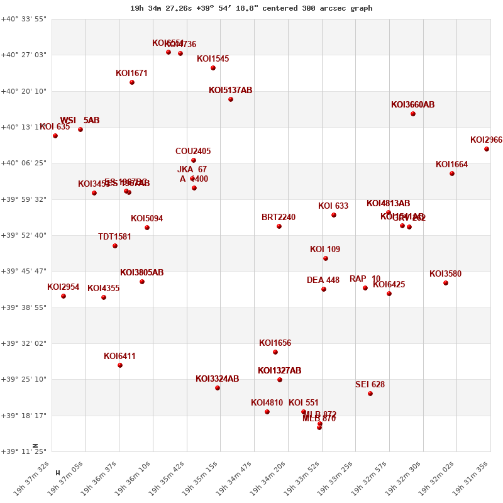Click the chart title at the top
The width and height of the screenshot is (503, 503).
[x=251, y=8]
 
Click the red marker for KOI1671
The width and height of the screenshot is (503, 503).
[x=132, y=82]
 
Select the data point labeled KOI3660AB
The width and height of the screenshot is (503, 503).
[x=413, y=114]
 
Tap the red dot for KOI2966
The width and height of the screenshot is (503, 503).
[x=487, y=149]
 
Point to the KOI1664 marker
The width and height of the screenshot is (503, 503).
[x=452, y=174]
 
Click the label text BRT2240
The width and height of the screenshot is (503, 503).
[x=279, y=218]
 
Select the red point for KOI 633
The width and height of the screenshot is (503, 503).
[x=334, y=215]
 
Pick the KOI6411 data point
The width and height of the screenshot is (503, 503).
[x=120, y=365]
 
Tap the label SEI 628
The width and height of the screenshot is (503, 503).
[x=370, y=385]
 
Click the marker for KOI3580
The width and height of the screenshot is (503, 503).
[x=446, y=283]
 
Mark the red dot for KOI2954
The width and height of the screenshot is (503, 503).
[x=64, y=296]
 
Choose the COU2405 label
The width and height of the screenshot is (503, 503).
[x=193, y=152]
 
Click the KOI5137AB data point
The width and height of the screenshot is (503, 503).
[x=231, y=99]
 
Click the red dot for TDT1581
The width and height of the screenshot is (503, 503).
[x=115, y=246]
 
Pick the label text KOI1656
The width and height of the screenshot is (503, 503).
[x=275, y=343]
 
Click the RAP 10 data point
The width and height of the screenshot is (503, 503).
[x=365, y=288]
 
